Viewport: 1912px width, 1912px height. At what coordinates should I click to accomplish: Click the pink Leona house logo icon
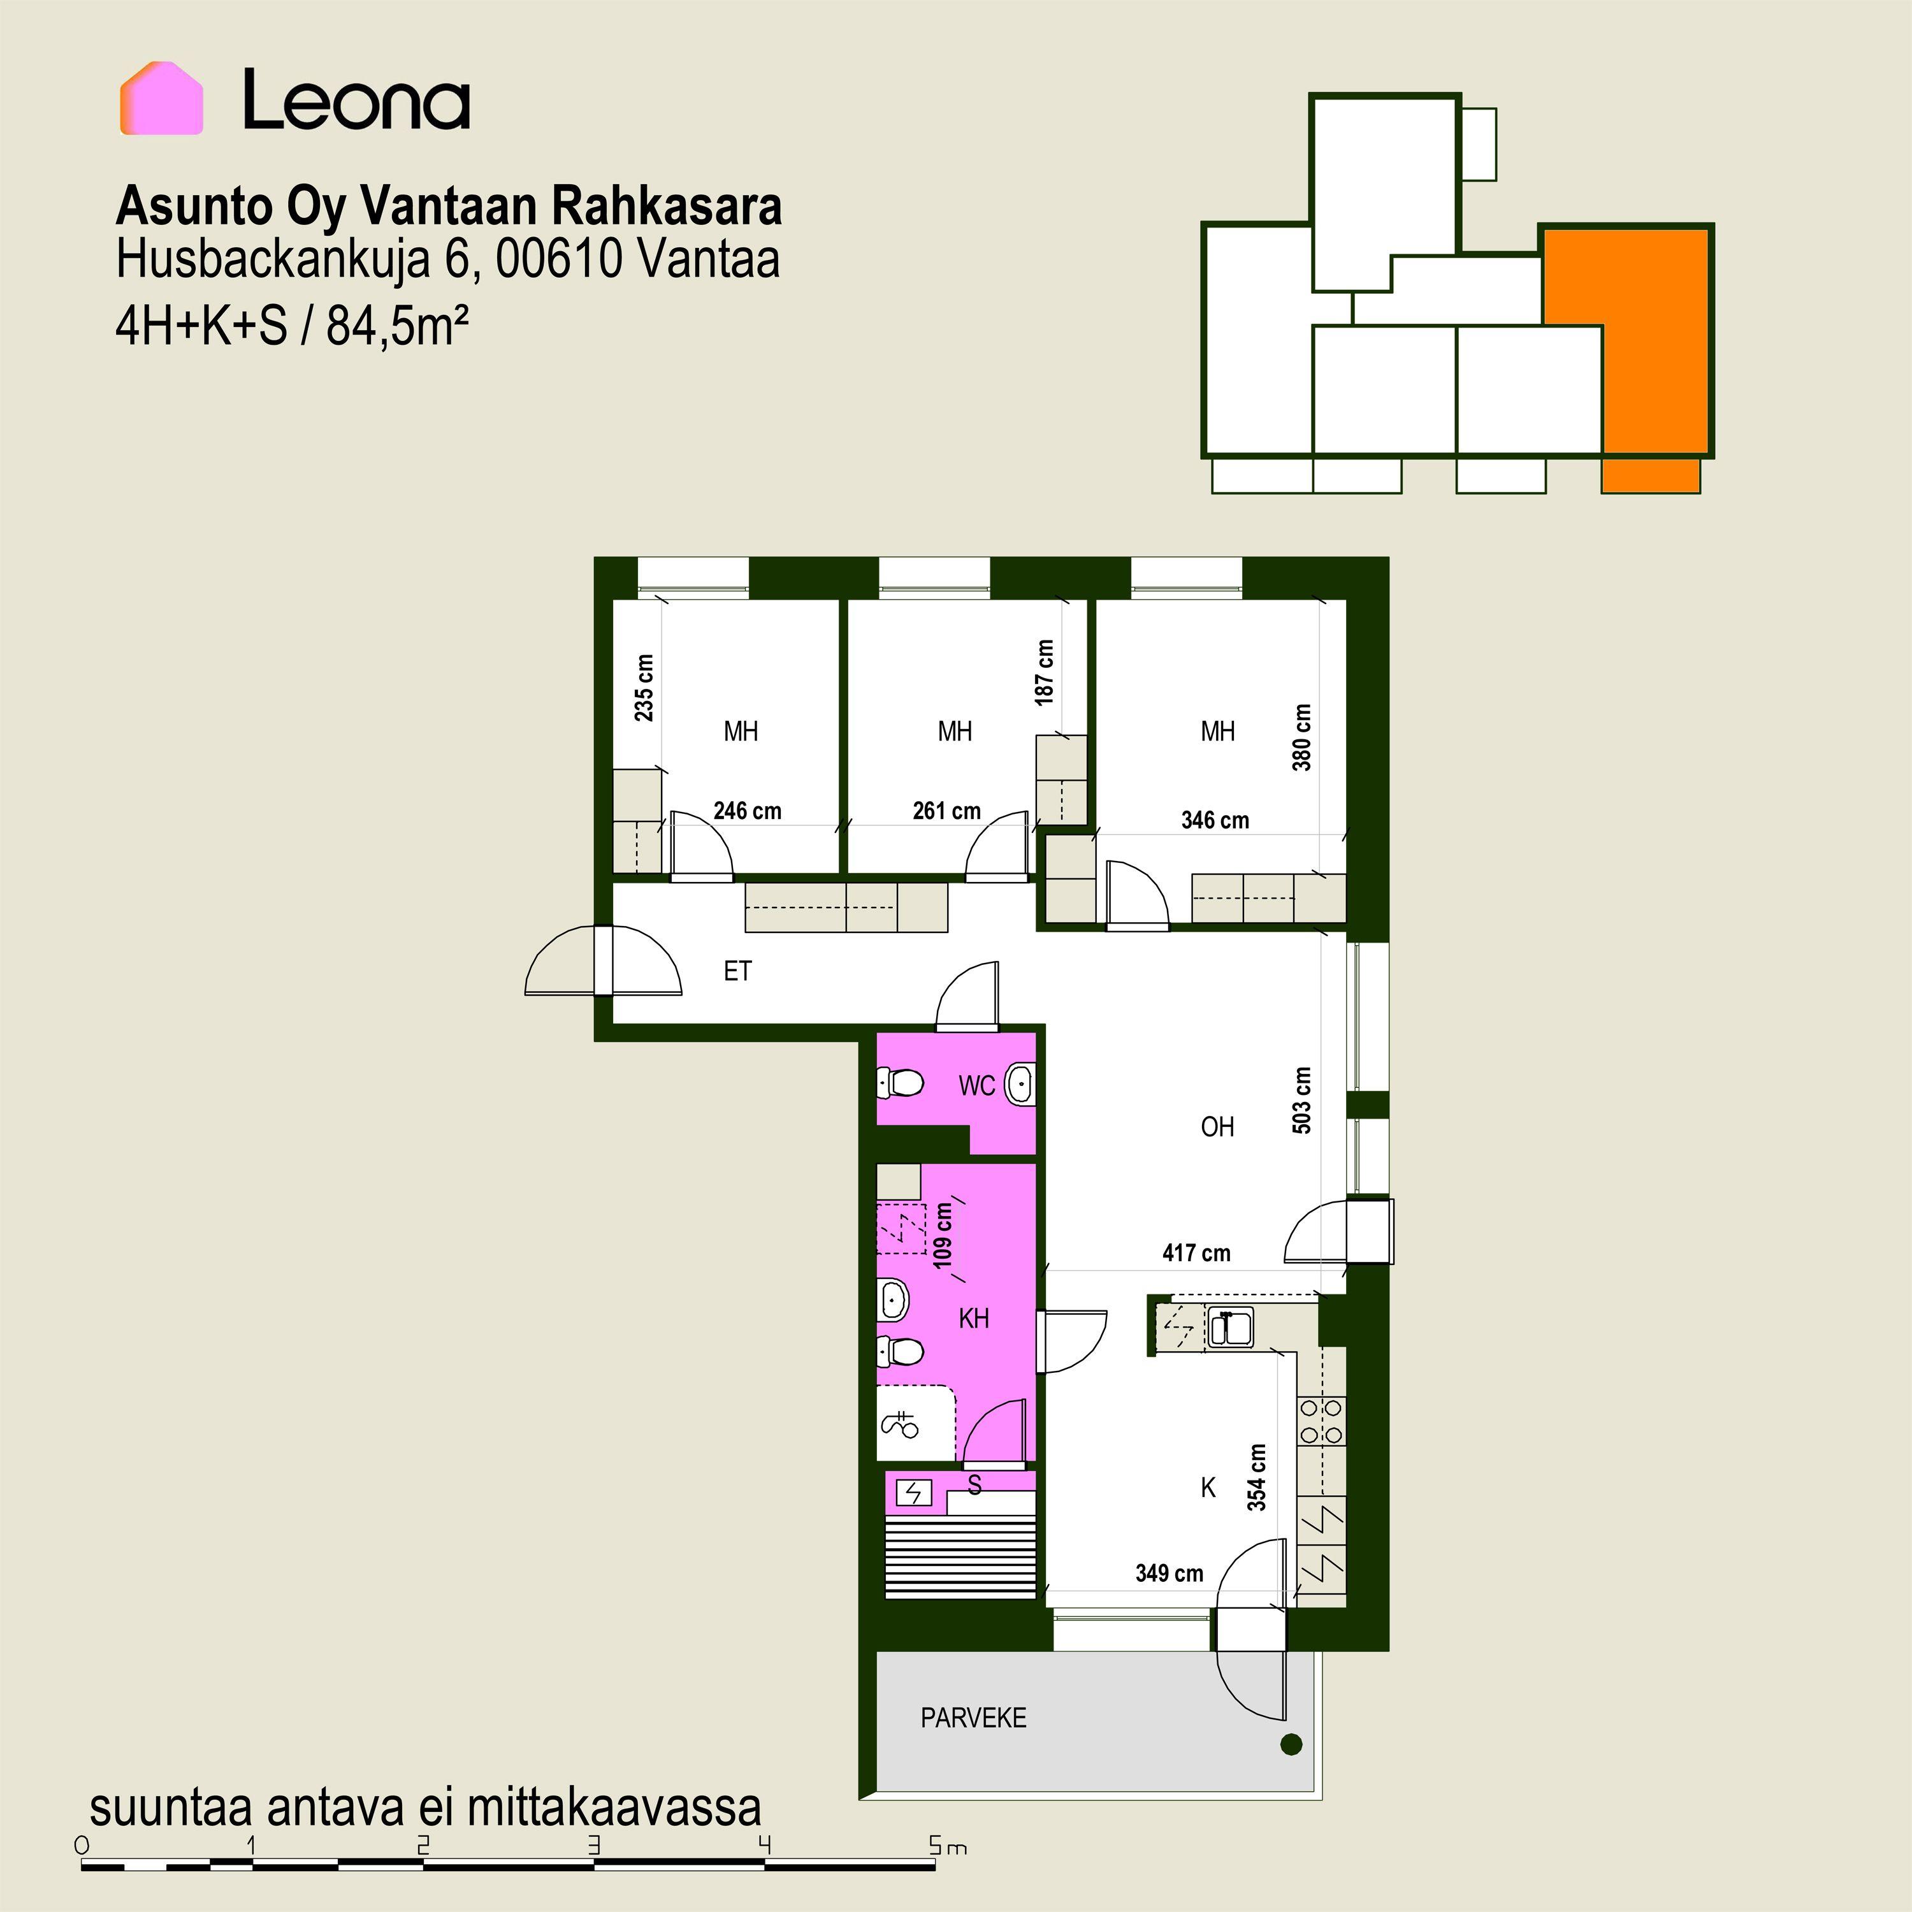coord(161,98)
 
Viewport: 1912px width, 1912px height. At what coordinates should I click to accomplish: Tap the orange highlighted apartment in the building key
coord(1653,356)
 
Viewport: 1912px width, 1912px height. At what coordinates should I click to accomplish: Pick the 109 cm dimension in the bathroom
coord(943,1236)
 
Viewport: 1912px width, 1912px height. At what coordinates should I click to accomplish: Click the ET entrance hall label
coord(737,971)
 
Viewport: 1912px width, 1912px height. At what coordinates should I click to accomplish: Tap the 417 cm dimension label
coord(1196,1253)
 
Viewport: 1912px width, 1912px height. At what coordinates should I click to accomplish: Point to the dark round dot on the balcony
coord(1291,1772)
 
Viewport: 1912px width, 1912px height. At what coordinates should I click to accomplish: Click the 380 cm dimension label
coord(1302,737)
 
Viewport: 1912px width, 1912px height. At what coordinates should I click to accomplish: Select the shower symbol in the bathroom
coord(899,1425)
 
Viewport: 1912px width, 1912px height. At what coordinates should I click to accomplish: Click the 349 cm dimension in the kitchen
coord(1170,1574)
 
